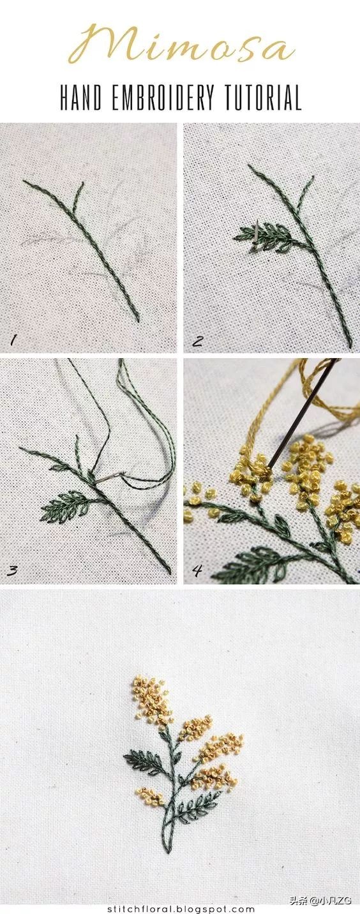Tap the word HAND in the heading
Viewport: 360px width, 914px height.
(x=80, y=98)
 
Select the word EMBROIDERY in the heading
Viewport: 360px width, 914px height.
(x=163, y=98)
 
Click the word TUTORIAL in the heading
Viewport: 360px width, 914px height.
(x=263, y=98)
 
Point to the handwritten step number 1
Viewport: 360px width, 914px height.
(x=14, y=340)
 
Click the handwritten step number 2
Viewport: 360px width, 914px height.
(x=197, y=340)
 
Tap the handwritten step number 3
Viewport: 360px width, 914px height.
(x=12, y=570)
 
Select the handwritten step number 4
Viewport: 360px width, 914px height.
(x=197, y=570)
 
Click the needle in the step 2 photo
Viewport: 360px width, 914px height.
(x=255, y=232)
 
